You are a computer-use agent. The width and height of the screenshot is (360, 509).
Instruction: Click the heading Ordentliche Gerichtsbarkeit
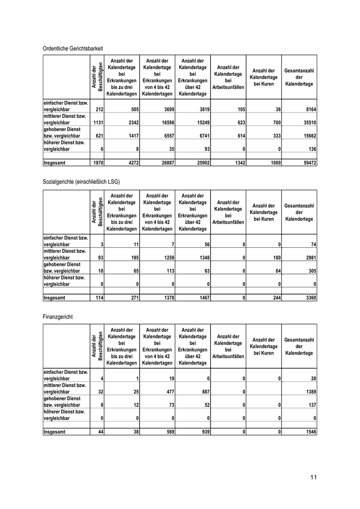73,48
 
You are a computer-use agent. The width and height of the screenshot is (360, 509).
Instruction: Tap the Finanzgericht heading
58,316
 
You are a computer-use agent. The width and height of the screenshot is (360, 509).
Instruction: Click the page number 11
313,477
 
